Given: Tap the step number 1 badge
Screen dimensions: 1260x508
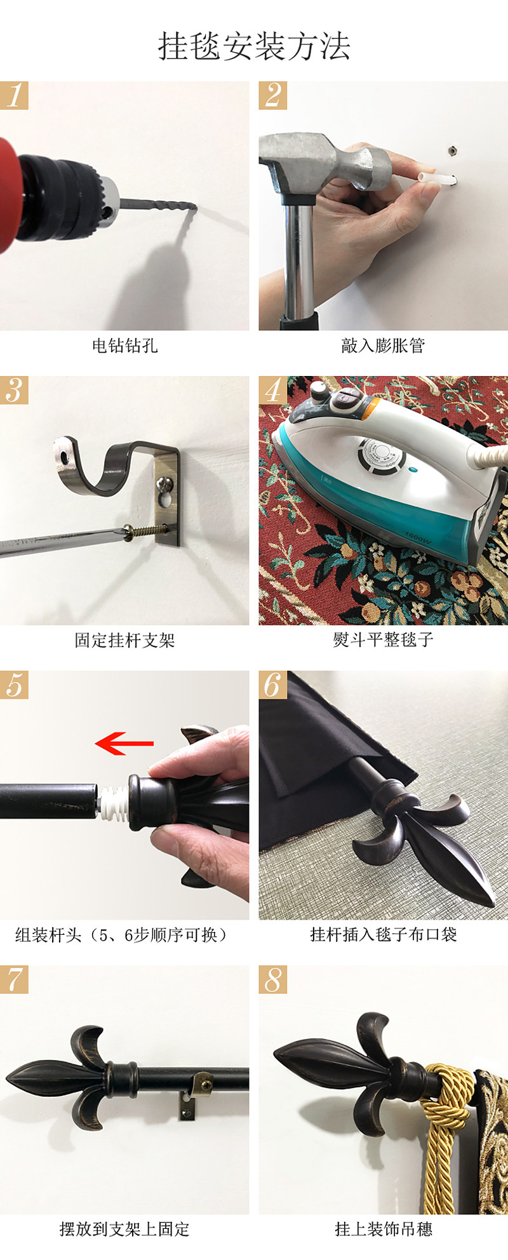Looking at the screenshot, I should pos(14,95).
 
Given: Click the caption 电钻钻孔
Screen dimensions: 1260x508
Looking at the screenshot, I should pos(124,346).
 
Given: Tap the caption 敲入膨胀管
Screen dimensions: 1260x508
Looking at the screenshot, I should pos(383,346).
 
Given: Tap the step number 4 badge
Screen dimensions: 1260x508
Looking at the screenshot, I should pos(272,390).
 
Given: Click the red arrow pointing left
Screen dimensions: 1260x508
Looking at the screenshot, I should pos(124,742).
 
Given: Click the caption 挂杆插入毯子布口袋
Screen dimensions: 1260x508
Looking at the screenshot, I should pos(383,935).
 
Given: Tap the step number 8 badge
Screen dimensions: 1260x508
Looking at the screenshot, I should pos(272,979).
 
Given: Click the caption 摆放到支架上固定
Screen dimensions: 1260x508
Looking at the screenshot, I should pos(124,1230).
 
